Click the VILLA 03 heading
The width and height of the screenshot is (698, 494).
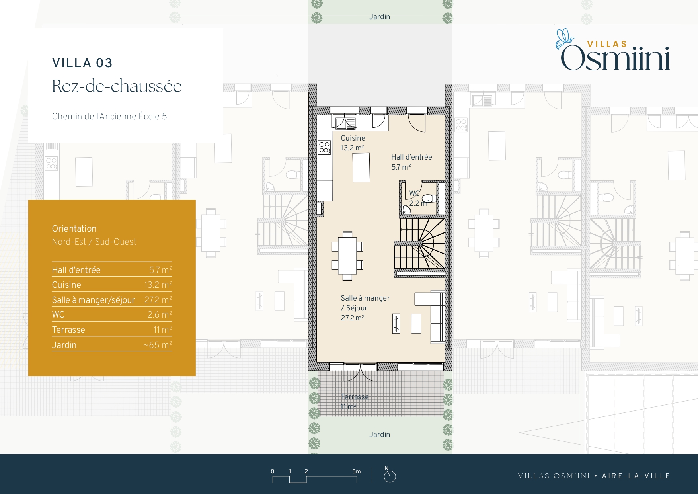click(x=82, y=63)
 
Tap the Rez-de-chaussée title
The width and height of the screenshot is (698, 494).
click(x=117, y=86)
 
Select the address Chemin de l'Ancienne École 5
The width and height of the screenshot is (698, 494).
click(x=109, y=116)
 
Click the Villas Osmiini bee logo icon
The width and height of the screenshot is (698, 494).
click(x=565, y=39)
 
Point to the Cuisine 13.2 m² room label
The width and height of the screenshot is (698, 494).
click(x=353, y=143)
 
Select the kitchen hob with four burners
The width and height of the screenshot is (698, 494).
click(x=324, y=147)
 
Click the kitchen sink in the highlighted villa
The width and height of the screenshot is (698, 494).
click(x=345, y=123)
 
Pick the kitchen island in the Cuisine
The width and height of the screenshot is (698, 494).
click(x=361, y=168)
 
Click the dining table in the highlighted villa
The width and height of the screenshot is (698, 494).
click(x=347, y=256)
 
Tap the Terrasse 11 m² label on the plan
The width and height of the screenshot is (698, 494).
click(x=355, y=402)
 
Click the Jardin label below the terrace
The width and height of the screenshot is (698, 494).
click(x=380, y=435)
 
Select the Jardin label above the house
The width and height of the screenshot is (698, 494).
click(x=380, y=17)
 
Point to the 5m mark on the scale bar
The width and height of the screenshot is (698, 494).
click(x=357, y=471)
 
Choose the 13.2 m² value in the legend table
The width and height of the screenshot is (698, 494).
click(x=158, y=285)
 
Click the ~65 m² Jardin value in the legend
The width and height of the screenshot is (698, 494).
click(x=158, y=345)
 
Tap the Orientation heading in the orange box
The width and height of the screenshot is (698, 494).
click(x=74, y=229)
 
